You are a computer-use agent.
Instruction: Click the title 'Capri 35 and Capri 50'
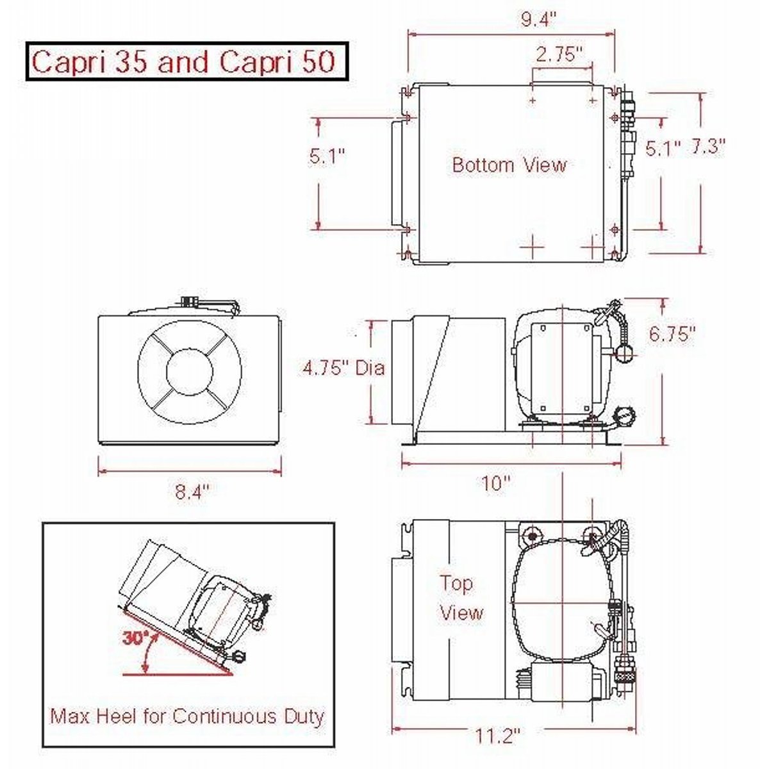click(x=183, y=62)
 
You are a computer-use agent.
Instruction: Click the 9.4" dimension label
click(x=538, y=19)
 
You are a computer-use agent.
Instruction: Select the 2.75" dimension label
click(x=559, y=54)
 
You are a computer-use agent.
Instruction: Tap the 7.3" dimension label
click(x=707, y=147)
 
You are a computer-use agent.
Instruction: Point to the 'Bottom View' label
click(x=509, y=165)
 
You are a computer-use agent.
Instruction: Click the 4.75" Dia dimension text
click(x=344, y=368)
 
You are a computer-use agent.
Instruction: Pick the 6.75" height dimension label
click(x=672, y=333)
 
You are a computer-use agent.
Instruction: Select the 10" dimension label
click(x=496, y=483)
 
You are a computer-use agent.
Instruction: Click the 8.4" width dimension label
click(x=192, y=492)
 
